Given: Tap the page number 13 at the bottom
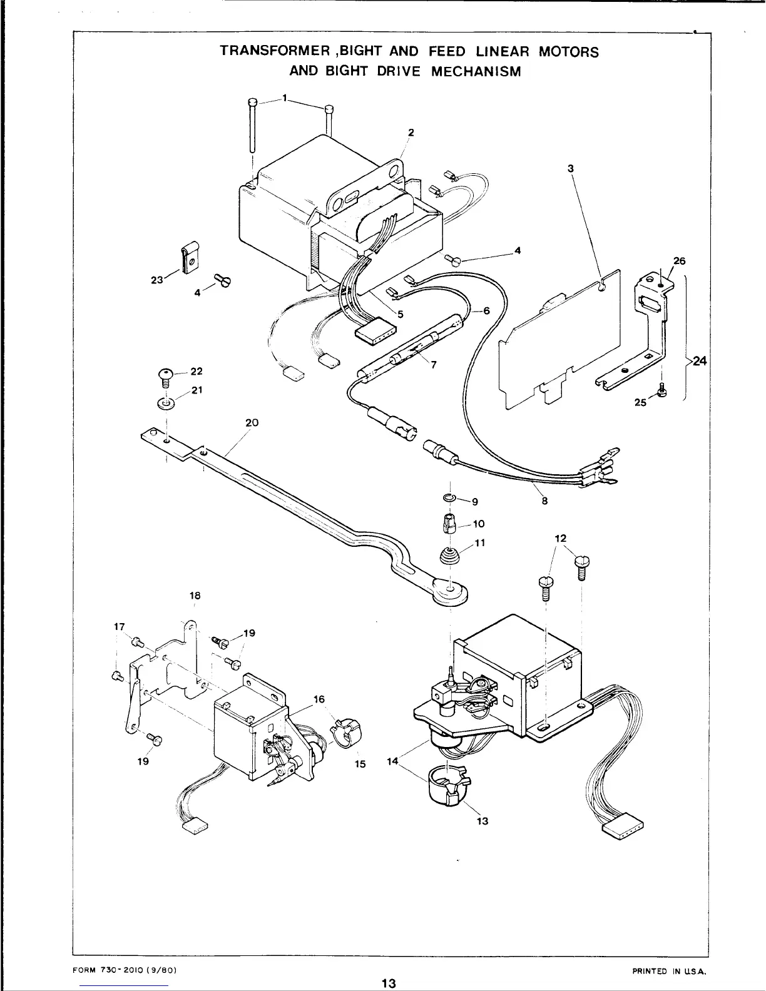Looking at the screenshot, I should coord(389,983).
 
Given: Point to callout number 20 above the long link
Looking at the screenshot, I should coord(252,423).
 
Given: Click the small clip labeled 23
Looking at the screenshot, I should coord(188,258).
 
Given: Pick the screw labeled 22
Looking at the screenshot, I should coord(166,377).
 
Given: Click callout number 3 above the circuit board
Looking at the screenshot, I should coord(571,168).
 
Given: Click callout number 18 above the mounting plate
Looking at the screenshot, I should coord(194,595).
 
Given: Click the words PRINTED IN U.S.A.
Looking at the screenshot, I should coord(669,970).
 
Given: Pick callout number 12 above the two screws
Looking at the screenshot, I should coord(560,537).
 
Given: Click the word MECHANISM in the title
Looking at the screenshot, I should coord(476,71).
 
